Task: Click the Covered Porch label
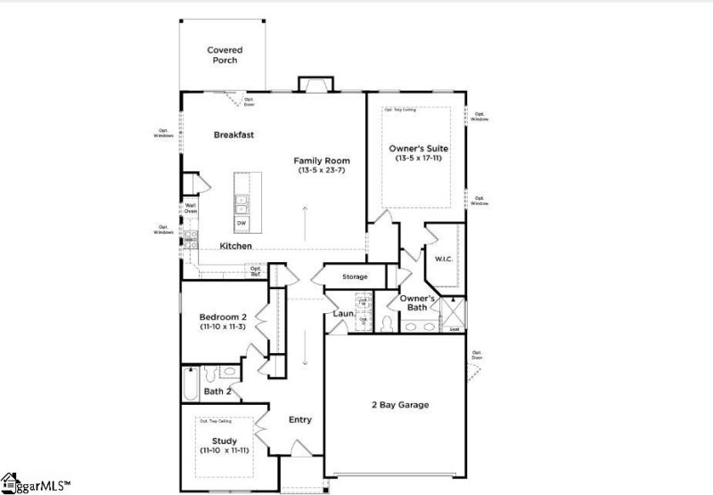(x=225, y=56)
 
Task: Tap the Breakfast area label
(x=234, y=135)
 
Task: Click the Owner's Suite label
(x=418, y=148)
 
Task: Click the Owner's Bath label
(x=417, y=302)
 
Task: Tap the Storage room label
(x=356, y=276)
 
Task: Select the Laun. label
(x=344, y=313)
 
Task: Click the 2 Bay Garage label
(x=399, y=405)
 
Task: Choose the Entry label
(x=299, y=419)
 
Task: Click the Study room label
(x=224, y=440)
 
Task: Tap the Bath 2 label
(x=218, y=391)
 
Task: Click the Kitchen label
(x=236, y=245)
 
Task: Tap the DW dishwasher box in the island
(x=241, y=223)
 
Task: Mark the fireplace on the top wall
(x=314, y=85)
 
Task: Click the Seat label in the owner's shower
(x=455, y=329)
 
